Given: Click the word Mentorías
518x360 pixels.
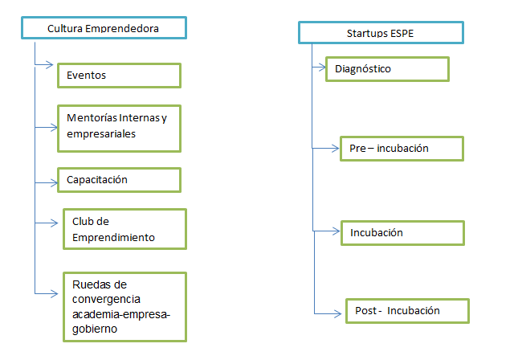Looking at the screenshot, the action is pyautogui.click(x=92, y=117).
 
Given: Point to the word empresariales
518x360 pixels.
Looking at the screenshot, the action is pyautogui.click(x=101, y=134).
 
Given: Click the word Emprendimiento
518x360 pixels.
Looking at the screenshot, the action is pyautogui.click(x=113, y=238).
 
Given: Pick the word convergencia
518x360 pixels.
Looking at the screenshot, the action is pyautogui.click(x=106, y=299).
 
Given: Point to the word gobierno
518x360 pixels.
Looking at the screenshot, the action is pyautogui.click(x=95, y=329).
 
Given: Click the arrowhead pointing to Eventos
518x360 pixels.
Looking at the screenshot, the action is pyautogui.click(x=50, y=64).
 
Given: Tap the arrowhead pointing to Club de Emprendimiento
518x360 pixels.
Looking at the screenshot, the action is pyautogui.click(x=54, y=223).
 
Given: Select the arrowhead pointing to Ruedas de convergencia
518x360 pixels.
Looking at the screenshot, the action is pyautogui.click(x=54, y=293).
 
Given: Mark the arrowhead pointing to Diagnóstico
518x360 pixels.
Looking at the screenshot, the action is pyautogui.click(x=322, y=67).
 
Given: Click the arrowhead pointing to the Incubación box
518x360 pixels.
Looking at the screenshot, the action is pyautogui.click(x=336, y=231).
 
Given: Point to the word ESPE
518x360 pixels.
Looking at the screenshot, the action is pyautogui.click(x=402, y=34).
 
